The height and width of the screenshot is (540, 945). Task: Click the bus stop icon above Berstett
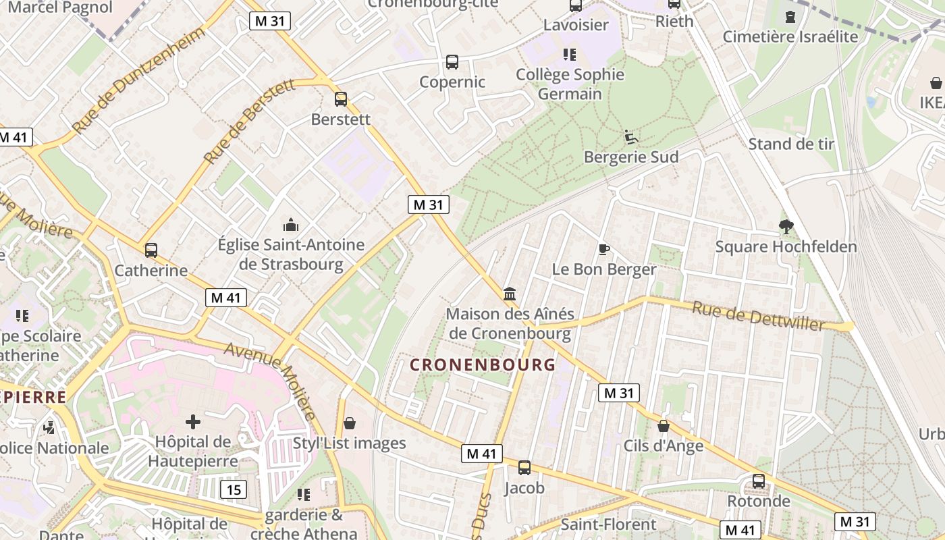pos(341,99)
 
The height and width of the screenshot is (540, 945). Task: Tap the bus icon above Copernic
pos(452,62)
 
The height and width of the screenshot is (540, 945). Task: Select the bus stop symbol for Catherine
pos(151,250)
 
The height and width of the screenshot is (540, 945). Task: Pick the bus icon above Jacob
pos(524,467)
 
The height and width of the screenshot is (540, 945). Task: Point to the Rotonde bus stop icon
pos(759,481)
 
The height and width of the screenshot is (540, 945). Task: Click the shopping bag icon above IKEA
pos(936,83)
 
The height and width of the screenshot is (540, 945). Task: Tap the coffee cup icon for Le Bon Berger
pos(604,250)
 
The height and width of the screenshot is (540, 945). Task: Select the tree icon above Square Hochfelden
pos(786,227)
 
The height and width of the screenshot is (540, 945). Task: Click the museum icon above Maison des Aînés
pos(510,294)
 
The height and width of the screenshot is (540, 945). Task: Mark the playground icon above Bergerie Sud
pos(631,137)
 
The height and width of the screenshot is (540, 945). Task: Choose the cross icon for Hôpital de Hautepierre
pos(193,423)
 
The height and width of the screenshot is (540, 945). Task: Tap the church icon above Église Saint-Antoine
pos(291,224)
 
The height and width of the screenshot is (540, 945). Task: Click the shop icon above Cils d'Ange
pos(664,426)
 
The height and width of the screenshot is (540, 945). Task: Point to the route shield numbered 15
pos(233,489)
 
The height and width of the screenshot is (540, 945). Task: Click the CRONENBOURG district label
pos(483,365)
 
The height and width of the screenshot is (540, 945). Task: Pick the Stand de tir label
pos(791,144)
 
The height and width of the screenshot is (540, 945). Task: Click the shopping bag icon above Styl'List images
pos(350,423)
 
